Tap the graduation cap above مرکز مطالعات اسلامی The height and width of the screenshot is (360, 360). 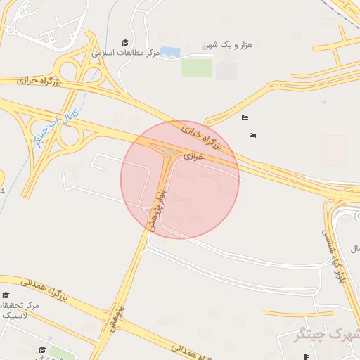pyautogui.click(x=125, y=43)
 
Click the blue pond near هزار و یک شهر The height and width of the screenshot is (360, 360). pyautogui.click(x=170, y=52)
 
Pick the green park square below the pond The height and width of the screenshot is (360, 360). pyautogui.click(x=196, y=67)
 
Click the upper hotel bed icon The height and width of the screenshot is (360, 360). pyautogui.click(x=244, y=117)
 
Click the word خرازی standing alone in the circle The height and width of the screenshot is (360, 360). pyautogui.click(x=193, y=156)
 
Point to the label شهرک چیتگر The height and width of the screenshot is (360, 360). pyautogui.click(x=333, y=335)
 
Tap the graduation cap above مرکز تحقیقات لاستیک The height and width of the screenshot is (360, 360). pyautogui.click(x=6, y=295)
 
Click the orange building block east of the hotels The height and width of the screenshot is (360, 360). pyautogui.click(x=333, y=150)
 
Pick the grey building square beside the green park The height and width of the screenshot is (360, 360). pyautogui.click(x=226, y=70)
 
